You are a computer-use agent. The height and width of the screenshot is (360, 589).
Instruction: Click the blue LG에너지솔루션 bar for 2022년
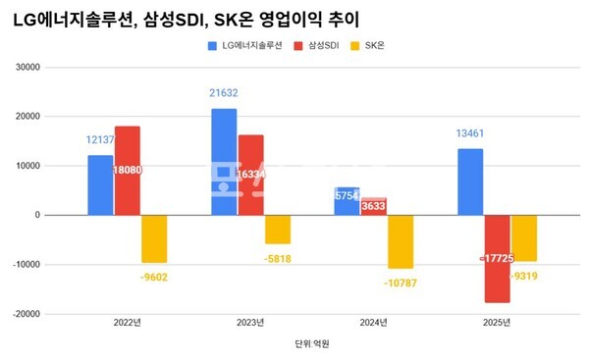pos(100,184)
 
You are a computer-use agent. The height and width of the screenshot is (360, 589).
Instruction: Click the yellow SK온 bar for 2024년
pos(401,241)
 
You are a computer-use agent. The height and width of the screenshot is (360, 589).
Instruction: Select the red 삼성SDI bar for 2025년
pos(497,258)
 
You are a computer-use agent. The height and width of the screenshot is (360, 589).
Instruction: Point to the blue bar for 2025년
pos(470,181)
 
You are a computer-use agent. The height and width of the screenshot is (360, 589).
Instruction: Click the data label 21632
pos(224,93)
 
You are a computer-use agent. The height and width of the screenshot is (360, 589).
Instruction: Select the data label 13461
pos(470,133)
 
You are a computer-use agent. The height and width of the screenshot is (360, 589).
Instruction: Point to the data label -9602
pos(155,278)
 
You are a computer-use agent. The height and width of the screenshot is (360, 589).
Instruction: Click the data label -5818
pos(278,259)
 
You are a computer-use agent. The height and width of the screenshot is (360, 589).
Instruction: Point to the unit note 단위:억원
pos(311,343)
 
